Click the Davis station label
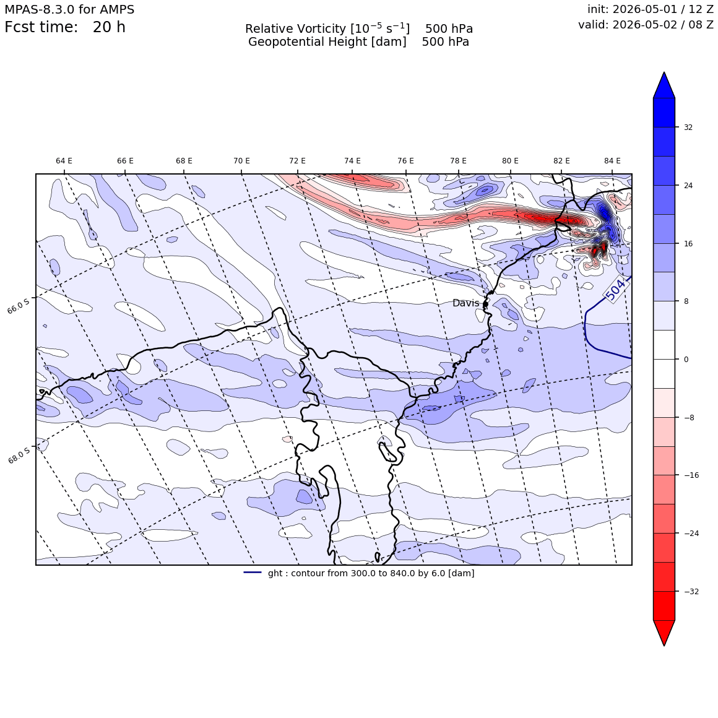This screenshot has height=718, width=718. [x=465, y=303]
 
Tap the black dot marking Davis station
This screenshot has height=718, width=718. [x=485, y=303]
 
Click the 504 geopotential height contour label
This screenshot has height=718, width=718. [x=615, y=290]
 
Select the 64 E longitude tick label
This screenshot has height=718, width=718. [x=64, y=161]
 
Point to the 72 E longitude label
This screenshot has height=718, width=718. [x=297, y=161]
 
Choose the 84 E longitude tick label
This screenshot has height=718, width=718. [x=612, y=161]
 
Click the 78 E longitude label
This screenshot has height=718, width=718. [x=459, y=161]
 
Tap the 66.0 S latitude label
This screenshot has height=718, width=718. [x=19, y=306]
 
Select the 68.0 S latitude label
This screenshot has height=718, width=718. [x=19, y=456]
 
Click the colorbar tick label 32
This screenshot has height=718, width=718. [x=688, y=128]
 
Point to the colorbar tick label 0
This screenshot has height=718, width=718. [x=686, y=360]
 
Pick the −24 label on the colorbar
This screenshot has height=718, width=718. [x=691, y=534]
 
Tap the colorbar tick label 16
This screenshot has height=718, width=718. [x=688, y=244]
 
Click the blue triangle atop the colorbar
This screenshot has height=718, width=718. [x=664, y=85]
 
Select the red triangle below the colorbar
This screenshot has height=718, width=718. [x=664, y=633]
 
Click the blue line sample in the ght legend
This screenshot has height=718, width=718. [x=253, y=573]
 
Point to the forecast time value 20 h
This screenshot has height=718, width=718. [x=109, y=27]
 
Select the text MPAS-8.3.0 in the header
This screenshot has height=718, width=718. [x=40, y=10]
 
